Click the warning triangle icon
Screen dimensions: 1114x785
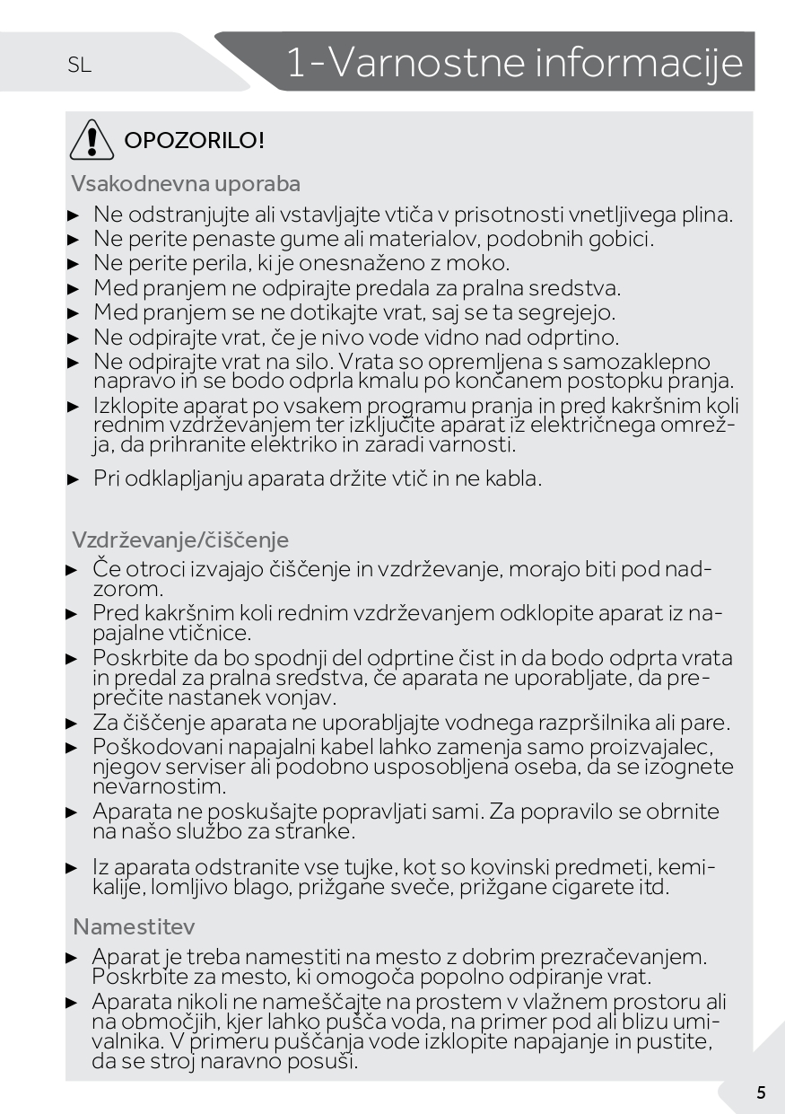tap(91, 140)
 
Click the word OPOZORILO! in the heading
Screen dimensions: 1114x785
tap(194, 141)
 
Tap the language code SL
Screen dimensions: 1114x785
tap(79, 66)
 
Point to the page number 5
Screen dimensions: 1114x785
tap(761, 1092)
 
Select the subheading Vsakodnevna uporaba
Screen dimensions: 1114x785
tap(186, 184)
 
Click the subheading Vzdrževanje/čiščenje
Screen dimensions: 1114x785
tap(180, 540)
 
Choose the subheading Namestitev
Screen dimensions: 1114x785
tap(134, 926)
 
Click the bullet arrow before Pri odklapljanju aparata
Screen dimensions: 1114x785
tap(74, 479)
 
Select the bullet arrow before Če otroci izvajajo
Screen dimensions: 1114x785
tap(74, 570)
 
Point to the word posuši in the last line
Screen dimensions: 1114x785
tap(328, 1062)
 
